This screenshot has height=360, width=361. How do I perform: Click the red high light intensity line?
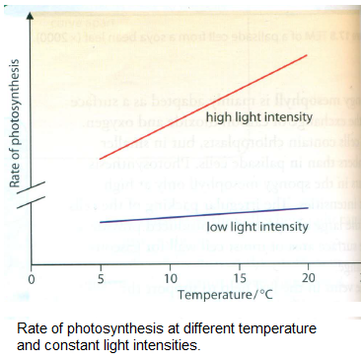pyautogui.click(x=205, y=107)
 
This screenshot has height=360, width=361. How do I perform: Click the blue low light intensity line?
pyautogui.click(x=205, y=214)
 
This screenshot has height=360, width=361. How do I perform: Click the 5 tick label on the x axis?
pyautogui.click(x=101, y=280)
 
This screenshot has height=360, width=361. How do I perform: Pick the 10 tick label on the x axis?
pyautogui.click(x=171, y=280)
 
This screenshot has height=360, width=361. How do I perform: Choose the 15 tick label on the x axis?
pyautogui.click(x=241, y=280)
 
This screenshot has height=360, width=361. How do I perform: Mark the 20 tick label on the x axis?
pyautogui.click(x=310, y=280)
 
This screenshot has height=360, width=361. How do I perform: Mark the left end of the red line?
pyautogui.click(x=101, y=159)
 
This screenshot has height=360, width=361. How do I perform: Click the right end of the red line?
pyautogui.click(x=310, y=55)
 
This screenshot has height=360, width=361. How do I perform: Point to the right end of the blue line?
pyautogui.click(x=310, y=207)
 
